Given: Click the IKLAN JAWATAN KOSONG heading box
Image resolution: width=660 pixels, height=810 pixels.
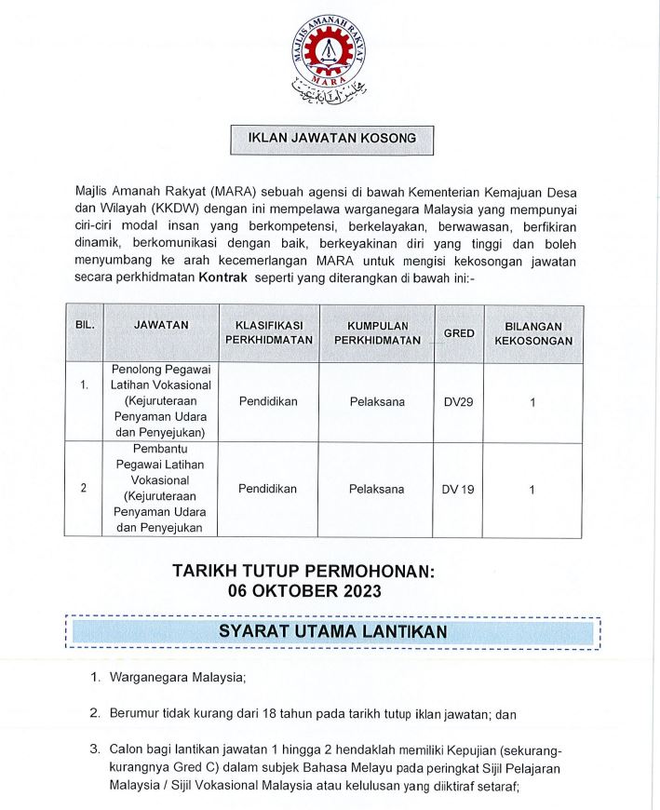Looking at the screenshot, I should [331, 139].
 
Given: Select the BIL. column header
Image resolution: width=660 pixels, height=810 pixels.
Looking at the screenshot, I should [84, 326].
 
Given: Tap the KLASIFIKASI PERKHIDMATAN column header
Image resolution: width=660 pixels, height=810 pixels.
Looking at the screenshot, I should [269, 332].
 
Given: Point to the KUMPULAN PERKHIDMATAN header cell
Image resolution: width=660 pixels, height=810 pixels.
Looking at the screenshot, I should [377, 332].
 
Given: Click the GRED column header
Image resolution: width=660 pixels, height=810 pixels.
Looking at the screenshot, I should [458, 332].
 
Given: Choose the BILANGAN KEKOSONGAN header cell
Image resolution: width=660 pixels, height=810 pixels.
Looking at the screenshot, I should [532, 332].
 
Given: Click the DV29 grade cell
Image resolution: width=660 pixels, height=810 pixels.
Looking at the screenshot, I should [458, 401].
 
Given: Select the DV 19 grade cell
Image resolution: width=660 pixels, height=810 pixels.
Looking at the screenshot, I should [458, 489].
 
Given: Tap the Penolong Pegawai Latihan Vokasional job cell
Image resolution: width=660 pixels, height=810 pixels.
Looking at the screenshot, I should [161, 401].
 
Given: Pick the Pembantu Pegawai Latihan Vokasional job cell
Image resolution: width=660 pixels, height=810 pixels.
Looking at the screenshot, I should [161, 489].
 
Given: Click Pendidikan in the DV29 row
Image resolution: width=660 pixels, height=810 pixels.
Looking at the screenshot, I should [268, 401].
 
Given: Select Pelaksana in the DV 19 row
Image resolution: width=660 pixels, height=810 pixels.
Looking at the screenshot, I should [377, 489].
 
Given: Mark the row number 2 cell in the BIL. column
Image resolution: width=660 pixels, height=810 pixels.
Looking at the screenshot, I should [84, 489].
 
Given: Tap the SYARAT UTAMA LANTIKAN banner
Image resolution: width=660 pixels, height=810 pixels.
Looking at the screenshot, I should [332, 632].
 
